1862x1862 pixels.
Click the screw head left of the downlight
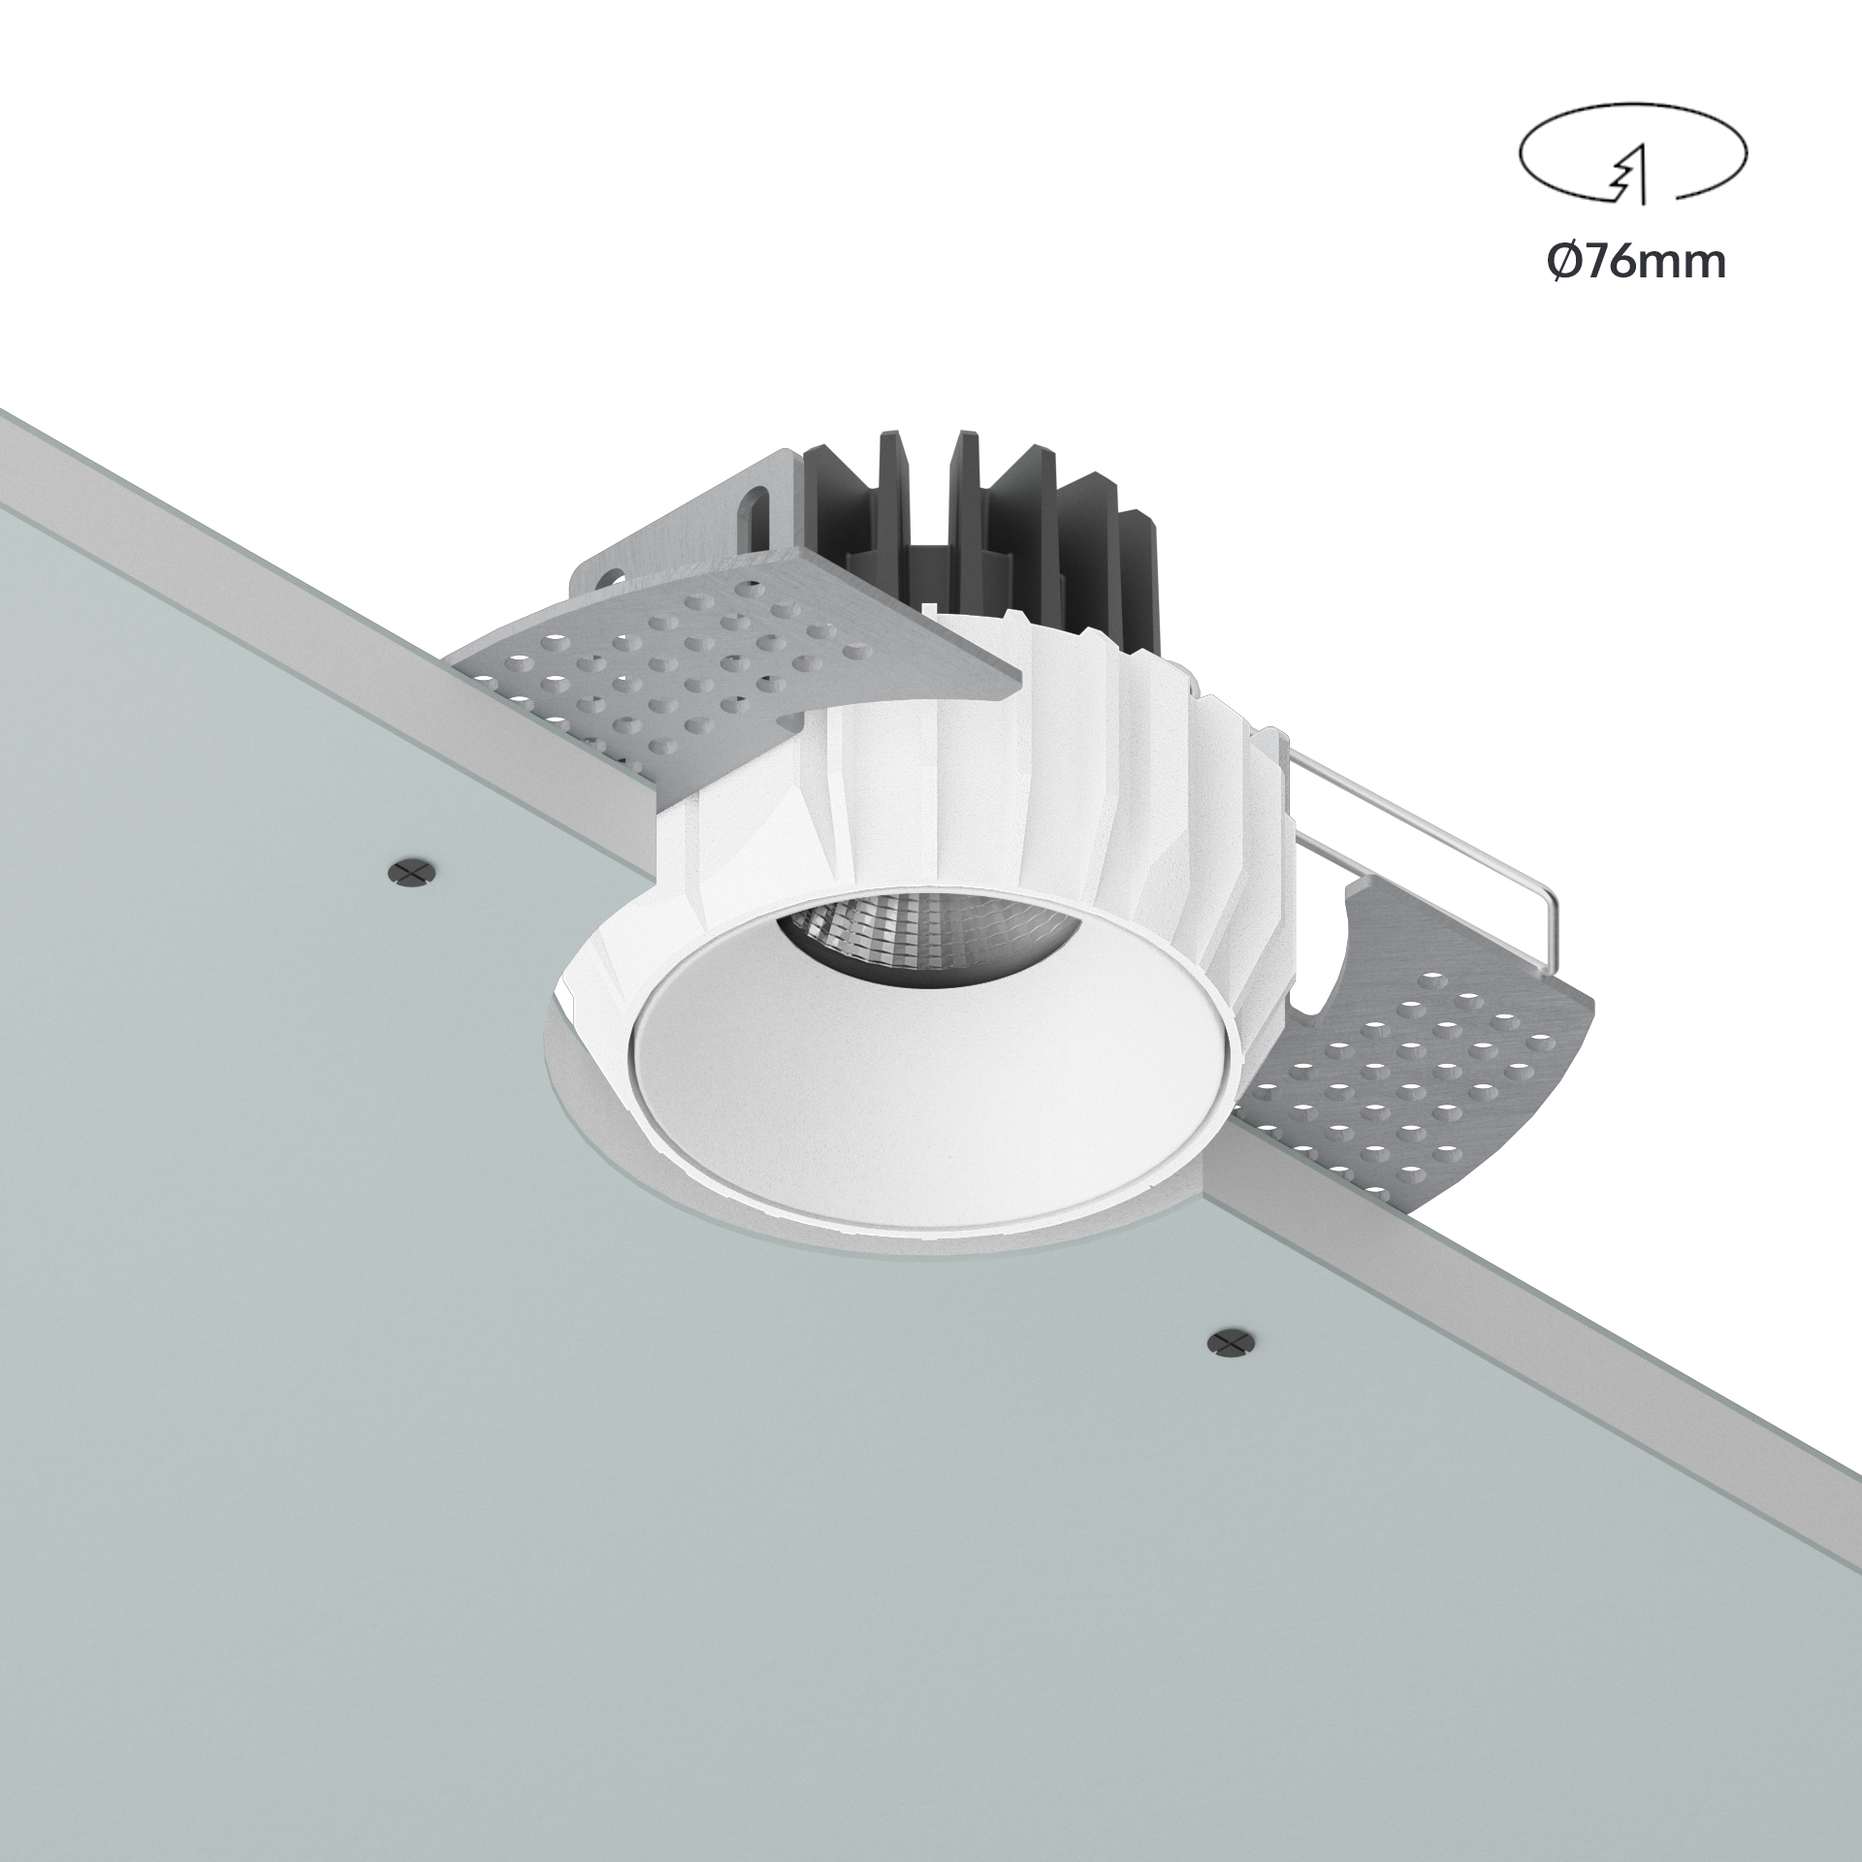tap(413, 871)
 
